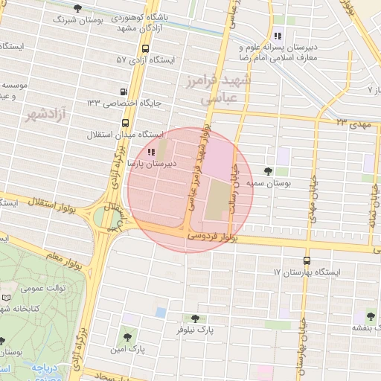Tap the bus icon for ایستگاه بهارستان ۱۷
307,261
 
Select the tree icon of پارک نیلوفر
195,318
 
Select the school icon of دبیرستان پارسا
153,151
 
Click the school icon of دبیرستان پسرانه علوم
277,35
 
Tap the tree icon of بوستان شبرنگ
78,9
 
